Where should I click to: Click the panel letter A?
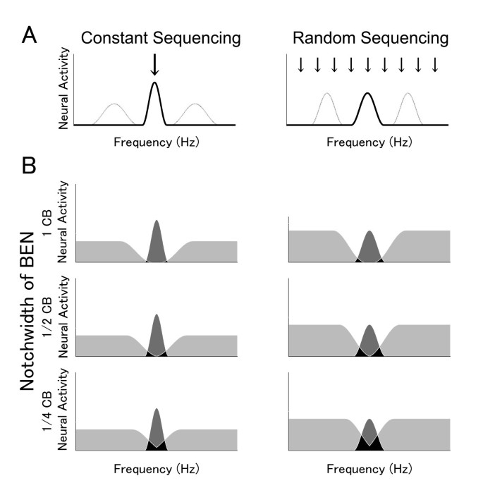[30, 33]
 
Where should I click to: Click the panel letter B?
[30, 167]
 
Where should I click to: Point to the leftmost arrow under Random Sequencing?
[300, 65]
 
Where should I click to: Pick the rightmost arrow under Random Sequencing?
[435, 65]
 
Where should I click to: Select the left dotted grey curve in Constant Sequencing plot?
[115, 113]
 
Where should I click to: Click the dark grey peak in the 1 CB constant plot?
[157, 240]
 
